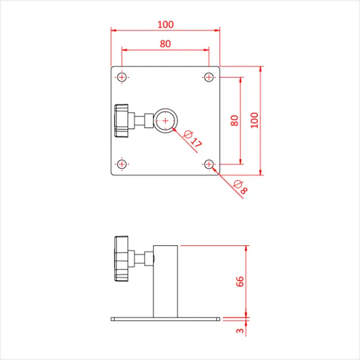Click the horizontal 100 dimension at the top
pos(165,24)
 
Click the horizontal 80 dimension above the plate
pos(165,43)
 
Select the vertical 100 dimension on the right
pos(255,120)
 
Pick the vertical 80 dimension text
pos(235,120)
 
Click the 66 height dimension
pos(239,282)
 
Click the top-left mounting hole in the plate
pos(122,76)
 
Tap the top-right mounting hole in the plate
pos(209,76)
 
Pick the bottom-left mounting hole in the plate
pos(122,164)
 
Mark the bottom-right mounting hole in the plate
pos(209,164)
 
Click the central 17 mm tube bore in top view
pos(165,120)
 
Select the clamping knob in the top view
pos(121,120)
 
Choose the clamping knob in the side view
pos(121,259)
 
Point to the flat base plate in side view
pos(165,319)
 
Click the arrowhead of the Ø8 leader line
pos(213,168)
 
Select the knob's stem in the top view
pos(143,120)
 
